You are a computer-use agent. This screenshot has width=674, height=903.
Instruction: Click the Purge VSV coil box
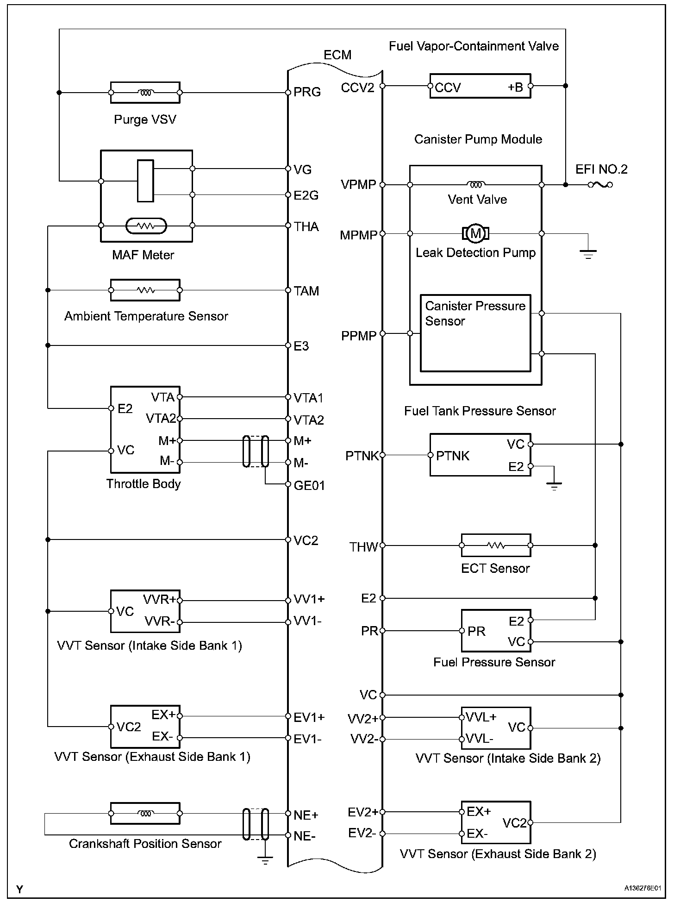pyautogui.click(x=145, y=93)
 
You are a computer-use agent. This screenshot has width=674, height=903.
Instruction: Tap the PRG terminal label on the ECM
pyautogui.click(x=307, y=92)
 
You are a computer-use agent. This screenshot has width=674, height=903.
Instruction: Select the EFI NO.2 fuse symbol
pyautogui.click(x=600, y=185)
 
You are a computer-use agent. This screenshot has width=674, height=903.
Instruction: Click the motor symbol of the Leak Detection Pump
pyautogui.click(x=475, y=233)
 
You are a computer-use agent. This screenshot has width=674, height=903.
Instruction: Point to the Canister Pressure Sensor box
pyautogui.click(x=475, y=333)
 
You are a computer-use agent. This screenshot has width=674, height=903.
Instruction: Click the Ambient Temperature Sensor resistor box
pyautogui.click(x=145, y=290)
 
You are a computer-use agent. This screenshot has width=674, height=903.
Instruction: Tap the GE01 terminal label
pyautogui.click(x=309, y=485)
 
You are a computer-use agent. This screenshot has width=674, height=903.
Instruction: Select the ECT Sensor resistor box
pyautogui.click(x=496, y=546)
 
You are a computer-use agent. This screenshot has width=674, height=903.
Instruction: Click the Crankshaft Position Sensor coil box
pyautogui.click(x=145, y=814)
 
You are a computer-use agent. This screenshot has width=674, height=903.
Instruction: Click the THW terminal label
pyautogui.click(x=364, y=547)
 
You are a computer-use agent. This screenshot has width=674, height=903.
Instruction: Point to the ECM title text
pyautogui.click(x=337, y=55)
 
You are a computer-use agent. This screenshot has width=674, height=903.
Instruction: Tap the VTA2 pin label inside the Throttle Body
pyautogui.click(x=161, y=419)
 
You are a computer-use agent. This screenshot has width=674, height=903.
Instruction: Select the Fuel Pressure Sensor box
pyautogui.click(x=496, y=631)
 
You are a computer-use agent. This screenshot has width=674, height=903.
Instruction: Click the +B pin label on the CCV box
pyautogui.click(x=515, y=87)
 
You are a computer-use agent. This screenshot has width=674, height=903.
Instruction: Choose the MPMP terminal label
pyautogui.click(x=359, y=235)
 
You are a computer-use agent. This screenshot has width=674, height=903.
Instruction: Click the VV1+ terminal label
pyautogui.click(x=309, y=599)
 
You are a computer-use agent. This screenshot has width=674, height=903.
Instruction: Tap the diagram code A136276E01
pyautogui.click(x=642, y=888)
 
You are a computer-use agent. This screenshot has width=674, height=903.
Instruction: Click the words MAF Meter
pyautogui.click(x=143, y=255)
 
